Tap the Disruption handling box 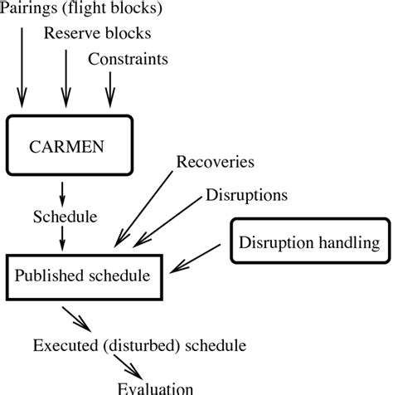[310, 242]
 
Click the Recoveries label [215, 159]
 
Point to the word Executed [64, 344]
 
